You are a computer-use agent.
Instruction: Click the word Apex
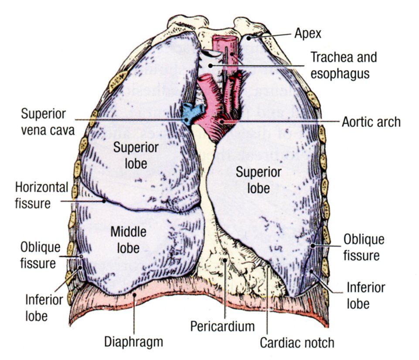pyautogui.click(x=308, y=33)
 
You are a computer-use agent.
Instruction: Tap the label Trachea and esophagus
pyautogui.click(x=343, y=65)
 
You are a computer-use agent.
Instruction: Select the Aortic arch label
pyautogui.click(x=371, y=122)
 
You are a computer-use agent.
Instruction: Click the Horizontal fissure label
pyautogui.click(x=42, y=195)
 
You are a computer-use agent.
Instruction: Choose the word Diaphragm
pyautogui.click(x=133, y=342)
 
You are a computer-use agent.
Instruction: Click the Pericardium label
pyautogui.click(x=222, y=326)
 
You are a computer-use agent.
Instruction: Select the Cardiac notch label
pyautogui.click(x=297, y=342)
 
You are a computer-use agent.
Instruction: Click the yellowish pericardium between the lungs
pyautogui.click(x=227, y=266)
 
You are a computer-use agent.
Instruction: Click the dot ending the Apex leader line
pyautogui.click(x=249, y=38)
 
